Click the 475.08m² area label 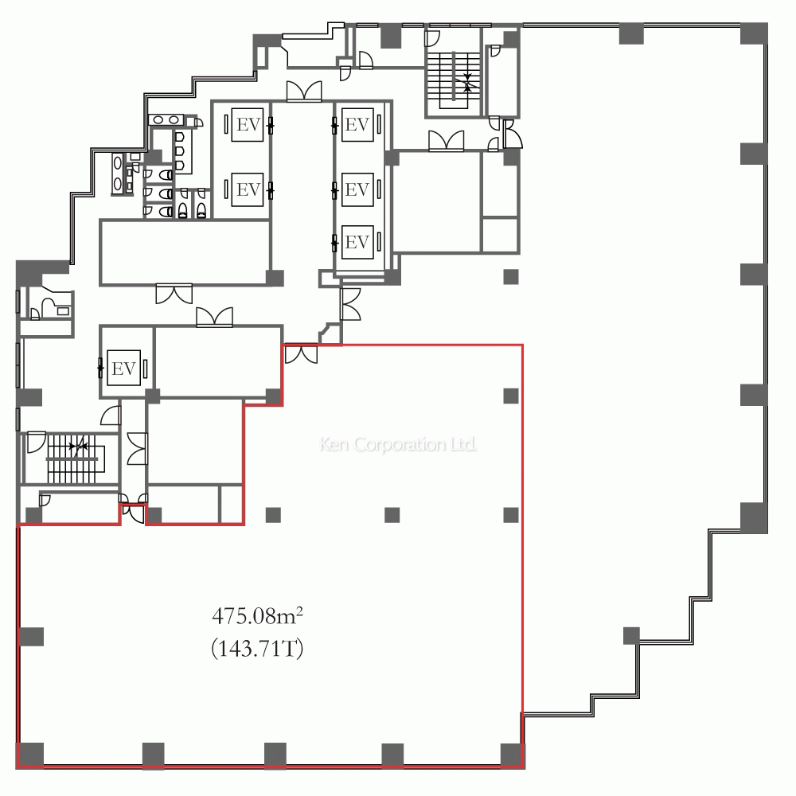click(257, 616)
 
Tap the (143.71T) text click(257, 648)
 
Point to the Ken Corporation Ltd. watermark click(398, 444)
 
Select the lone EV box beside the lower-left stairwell click(124, 368)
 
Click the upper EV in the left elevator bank click(248, 124)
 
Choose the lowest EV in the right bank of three click(357, 242)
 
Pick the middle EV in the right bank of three click(357, 189)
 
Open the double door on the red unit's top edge click(301, 354)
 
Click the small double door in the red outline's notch click(133, 513)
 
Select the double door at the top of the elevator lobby click(304, 92)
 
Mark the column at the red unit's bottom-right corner click(513, 755)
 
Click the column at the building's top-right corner click(754, 33)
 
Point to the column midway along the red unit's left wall click(32, 637)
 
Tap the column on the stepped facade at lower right click(631, 635)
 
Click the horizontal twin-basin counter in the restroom click(166, 120)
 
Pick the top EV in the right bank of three click(357, 124)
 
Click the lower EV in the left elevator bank click(248, 189)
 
